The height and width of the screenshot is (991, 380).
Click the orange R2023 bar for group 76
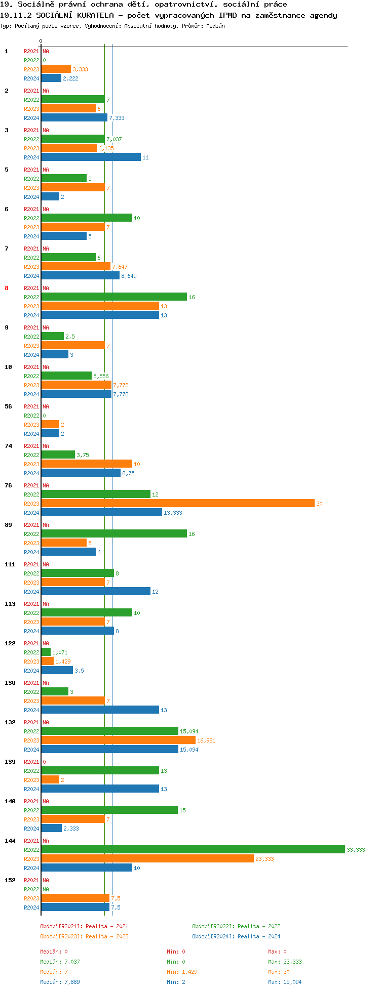[178, 503]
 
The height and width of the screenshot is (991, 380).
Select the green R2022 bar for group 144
[193, 849]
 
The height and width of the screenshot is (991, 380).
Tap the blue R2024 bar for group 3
[91, 157]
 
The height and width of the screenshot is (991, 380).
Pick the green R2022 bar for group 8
[114, 297]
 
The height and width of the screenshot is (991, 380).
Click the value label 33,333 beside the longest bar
[356, 850]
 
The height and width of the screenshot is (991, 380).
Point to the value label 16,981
[206, 740]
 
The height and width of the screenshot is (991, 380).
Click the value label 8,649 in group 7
[129, 276]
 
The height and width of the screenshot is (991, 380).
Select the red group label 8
[7, 288]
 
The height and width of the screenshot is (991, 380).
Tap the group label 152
[10, 880]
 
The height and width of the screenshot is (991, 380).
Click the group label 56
[9, 406]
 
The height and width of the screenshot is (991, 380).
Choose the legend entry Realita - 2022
[236, 926]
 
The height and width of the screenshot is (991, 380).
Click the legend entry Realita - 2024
[236, 936]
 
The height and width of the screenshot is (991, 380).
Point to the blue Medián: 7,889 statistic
[60, 982]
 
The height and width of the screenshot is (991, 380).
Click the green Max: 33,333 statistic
[285, 962]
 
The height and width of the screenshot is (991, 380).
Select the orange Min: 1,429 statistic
[182, 972]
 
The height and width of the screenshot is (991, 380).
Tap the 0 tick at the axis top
[41, 41]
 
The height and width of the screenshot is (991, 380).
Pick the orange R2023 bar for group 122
[47, 661]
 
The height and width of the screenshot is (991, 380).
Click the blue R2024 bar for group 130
[100, 710]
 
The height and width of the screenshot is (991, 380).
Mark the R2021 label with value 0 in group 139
[31, 762]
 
